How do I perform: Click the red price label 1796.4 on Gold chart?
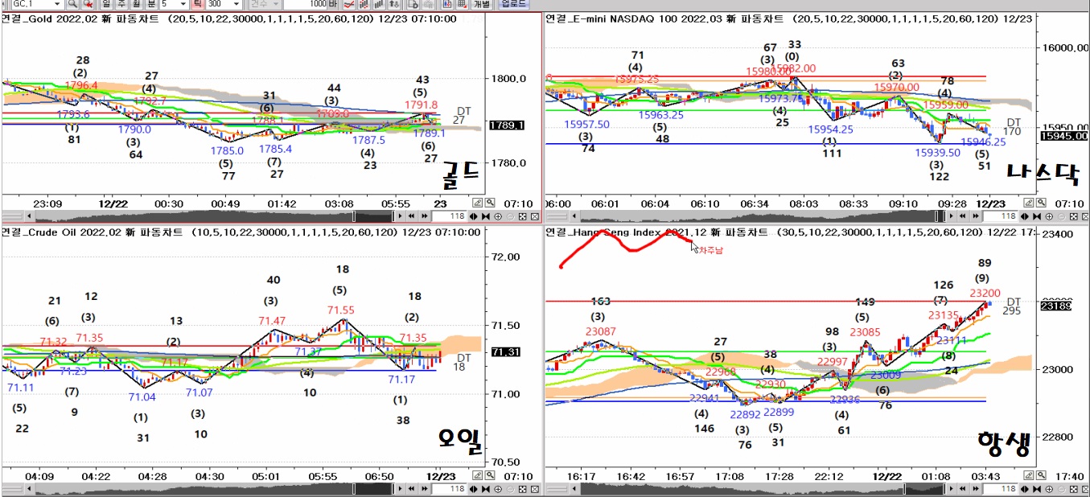point(81,85)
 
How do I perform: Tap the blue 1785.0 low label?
point(228,150)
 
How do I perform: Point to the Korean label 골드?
point(460,171)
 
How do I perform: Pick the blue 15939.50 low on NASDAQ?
point(937,153)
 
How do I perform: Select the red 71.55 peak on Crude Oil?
point(340,310)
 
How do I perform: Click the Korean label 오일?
point(459,439)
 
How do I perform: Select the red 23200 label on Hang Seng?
point(985,294)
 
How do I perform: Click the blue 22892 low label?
point(745,414)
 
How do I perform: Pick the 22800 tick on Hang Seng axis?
point(1059,437)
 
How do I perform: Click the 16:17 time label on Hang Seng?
point(581,476)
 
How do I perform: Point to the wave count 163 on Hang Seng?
point(600,302)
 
